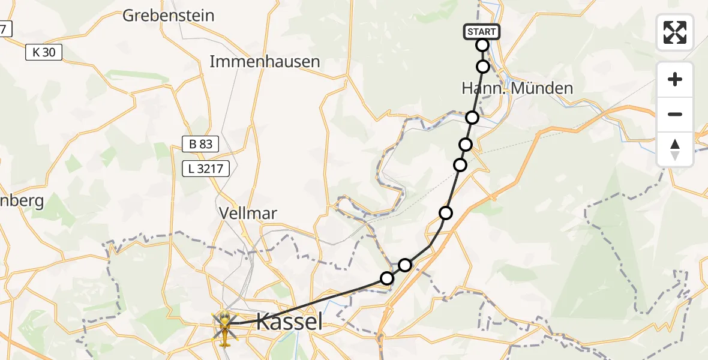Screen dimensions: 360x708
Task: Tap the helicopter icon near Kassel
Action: tap(224, 328)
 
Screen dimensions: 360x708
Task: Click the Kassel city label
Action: tap(289, 322)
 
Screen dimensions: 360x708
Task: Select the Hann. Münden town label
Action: tap(517, 88)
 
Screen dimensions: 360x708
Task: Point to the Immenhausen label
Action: tap(265, 61)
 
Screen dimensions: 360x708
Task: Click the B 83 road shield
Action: tap(200, 144)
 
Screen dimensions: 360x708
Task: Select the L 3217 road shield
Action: tap(206, 169)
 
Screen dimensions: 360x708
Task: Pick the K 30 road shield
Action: tap(44, 52)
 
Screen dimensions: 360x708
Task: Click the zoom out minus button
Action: tap(675, 114)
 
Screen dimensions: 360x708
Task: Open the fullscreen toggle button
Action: tap(675, 32)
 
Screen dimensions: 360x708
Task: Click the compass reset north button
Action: tap(675, 149)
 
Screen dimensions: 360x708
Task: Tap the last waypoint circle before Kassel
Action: tap(387, 278)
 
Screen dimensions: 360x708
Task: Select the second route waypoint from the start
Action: tap(483, 66)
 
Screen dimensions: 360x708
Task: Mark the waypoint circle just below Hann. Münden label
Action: tap(472, 117)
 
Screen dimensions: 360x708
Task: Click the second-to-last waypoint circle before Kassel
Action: tap(406, 265)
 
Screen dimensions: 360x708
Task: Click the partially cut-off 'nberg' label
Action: tap(22, 200)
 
